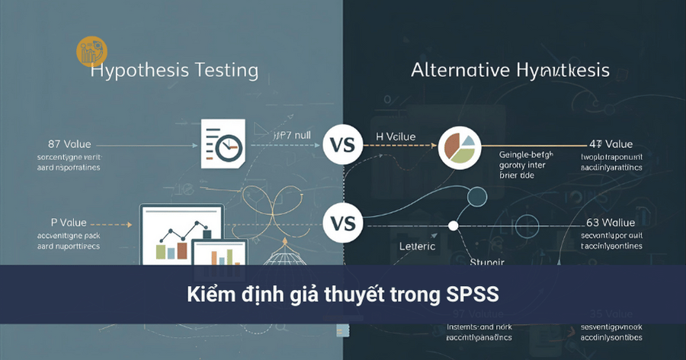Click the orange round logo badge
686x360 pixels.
coord(91,51)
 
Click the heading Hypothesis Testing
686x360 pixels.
coord(174,71)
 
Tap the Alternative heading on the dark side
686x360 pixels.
coord(510,71)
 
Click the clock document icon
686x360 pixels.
coord(223,143)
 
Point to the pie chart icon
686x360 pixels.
coord(460,147)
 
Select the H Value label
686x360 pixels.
coord(396,137)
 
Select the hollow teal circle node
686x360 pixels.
coord(476,197)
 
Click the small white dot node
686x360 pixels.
coord(454,225)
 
